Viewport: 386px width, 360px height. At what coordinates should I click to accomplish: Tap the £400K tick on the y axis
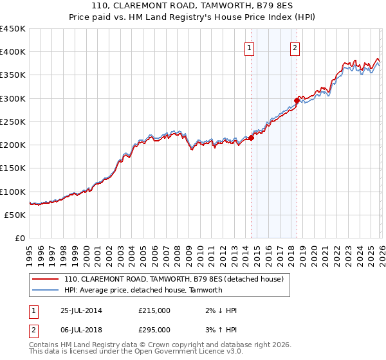13,52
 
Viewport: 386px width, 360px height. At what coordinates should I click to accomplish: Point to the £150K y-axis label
13,168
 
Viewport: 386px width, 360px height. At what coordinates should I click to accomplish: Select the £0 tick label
19,238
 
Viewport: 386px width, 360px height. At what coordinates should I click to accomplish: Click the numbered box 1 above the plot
250,46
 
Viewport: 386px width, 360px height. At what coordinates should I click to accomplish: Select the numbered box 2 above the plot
295,46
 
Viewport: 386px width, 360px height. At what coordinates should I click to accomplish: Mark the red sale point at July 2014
251,138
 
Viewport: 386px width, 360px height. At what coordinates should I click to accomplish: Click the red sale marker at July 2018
297,100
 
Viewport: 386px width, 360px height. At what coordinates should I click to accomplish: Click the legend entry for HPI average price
143,290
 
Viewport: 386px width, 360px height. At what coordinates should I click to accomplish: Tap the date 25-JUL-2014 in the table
81,310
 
